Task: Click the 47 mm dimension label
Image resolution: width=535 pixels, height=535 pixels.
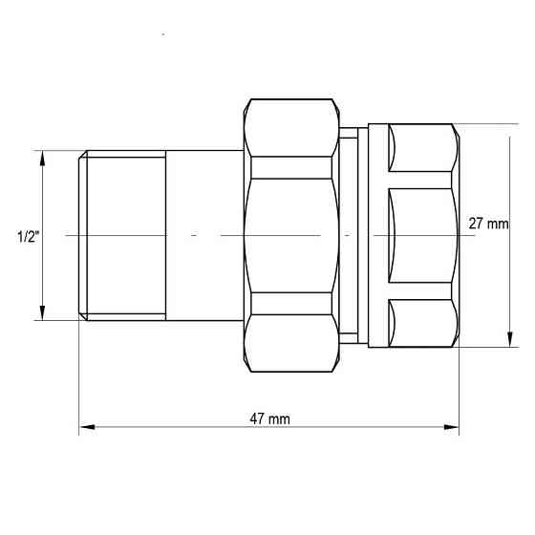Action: coord(270,418)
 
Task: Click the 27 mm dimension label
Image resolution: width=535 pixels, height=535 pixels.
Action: coord(488,224)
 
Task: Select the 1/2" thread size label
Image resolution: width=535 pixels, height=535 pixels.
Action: coord(28,235)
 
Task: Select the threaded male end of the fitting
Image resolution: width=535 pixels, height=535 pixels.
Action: coord(123,234)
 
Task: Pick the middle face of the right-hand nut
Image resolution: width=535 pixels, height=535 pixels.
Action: coord(421,234)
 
